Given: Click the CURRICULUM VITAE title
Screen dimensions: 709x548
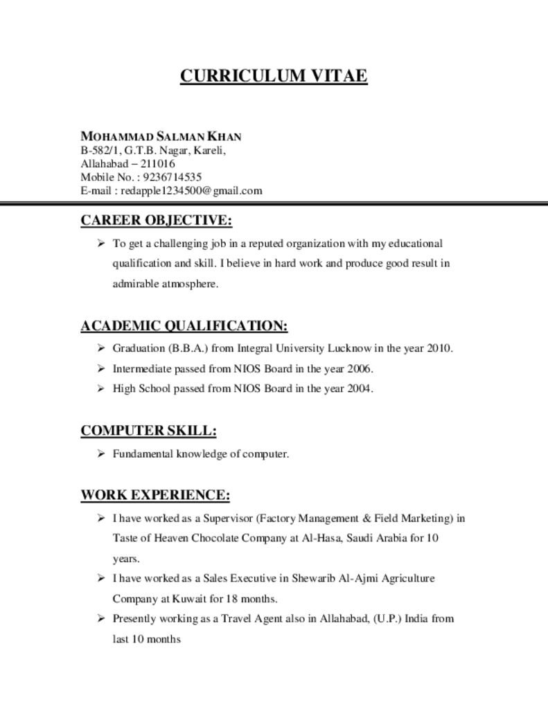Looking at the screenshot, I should (x=274, y=75).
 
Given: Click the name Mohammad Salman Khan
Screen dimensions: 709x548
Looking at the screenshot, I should (x=161, y=136).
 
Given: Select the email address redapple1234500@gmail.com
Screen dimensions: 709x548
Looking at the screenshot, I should (x=191, y=190).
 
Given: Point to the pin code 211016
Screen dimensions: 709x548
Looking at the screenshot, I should (x=158, y=164).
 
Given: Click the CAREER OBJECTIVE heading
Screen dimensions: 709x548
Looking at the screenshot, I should (x=156, y=221).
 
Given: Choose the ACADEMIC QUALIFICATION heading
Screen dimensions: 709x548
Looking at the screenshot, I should (x=184, y=325).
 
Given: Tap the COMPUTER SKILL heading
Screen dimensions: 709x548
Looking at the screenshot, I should (x=148, y=431).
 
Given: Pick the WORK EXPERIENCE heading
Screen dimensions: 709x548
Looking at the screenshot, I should (x=154, y=495).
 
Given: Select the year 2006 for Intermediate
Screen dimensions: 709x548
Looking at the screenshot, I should (x=360, y=368).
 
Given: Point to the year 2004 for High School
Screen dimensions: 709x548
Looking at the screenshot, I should (x=360, y=388).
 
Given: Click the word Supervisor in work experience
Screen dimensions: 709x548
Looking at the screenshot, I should (x=228, y=518).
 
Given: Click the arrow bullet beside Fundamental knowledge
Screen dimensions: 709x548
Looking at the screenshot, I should (x=100, y=454).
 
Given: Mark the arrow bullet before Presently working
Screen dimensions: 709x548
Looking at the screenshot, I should (x=100, y=618).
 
